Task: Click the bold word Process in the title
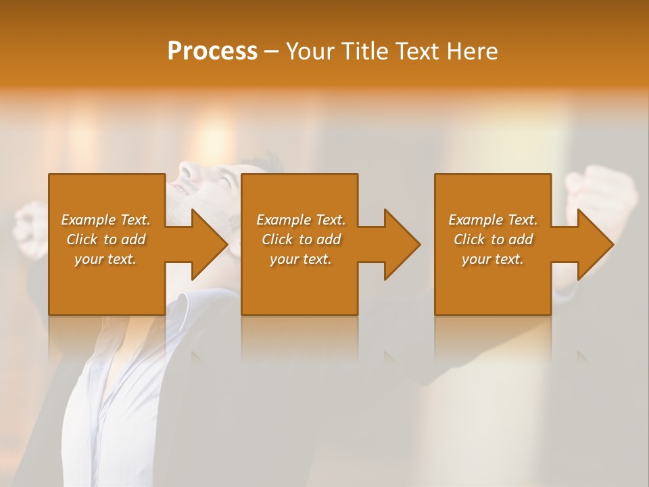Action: point(212,51)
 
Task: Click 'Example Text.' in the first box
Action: point(105,220)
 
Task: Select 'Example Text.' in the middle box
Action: point(301,220)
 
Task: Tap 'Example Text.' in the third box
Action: point(493,220)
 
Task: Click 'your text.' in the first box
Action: point(105,259)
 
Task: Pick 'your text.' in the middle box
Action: point(301,259)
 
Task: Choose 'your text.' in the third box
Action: point(493,259)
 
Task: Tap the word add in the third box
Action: point(521,239)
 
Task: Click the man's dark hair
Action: point(267,162)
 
